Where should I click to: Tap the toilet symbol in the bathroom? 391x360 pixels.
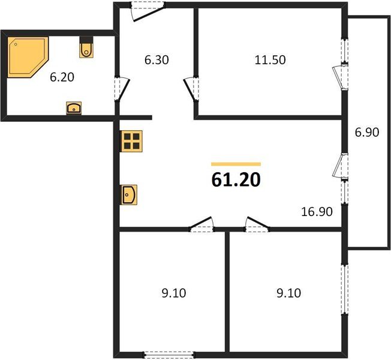87,49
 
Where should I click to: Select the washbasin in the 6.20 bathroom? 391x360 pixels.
74,108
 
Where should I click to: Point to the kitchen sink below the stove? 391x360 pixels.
129,194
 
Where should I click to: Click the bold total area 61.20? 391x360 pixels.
236,179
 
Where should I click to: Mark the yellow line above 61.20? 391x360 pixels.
236,164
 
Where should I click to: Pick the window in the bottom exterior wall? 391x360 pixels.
170,353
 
